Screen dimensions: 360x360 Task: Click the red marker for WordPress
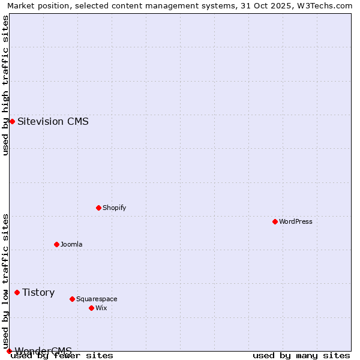coord(275,221)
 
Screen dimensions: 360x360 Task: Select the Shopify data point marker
coord(98,208)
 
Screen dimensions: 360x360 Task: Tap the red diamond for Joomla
coord(56,244)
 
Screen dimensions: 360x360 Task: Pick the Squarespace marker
coord(72,299)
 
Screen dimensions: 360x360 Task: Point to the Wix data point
coord(91,308)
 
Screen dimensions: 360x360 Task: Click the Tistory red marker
coord(17,292)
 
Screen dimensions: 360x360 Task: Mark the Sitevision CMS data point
coord(12,121)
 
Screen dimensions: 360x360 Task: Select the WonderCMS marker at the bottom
coord(9,351)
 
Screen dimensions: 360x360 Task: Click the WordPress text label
coord(296,221)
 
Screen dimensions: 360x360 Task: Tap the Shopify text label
coord(114,208)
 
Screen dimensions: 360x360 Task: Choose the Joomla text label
coord(71,244)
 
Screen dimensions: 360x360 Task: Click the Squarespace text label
coord(97,299)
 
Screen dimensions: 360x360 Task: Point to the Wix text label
coord(101,308)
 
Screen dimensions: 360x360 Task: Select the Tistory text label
coord(38,292)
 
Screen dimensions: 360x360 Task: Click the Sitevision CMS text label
coord(53,121)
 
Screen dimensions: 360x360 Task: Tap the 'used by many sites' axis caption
coord(301,355)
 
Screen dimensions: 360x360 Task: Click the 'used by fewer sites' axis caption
coord(62,355)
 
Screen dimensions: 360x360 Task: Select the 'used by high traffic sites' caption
coord(6,85)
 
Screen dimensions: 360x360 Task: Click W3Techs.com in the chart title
coord(324,5)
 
